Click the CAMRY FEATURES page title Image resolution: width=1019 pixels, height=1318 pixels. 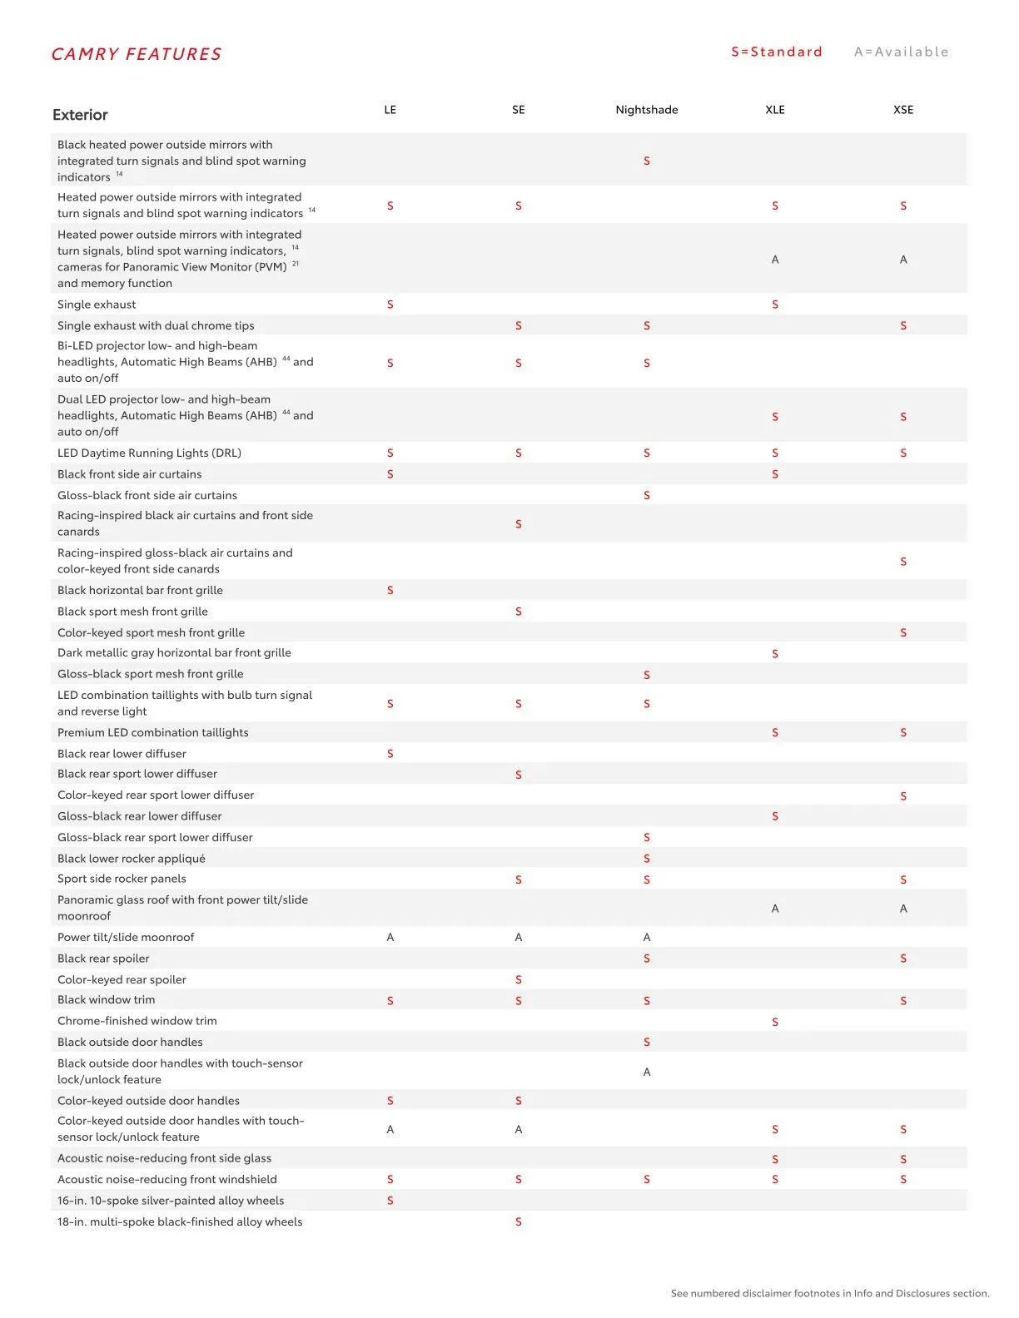[137, 54]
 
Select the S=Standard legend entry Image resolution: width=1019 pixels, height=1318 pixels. [776, 52]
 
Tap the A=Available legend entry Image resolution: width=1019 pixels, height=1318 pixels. [901, 52]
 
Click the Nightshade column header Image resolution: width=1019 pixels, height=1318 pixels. [646, 110]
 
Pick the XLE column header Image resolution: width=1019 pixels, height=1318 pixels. [774, 110]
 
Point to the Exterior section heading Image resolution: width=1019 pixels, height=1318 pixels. [80, 115]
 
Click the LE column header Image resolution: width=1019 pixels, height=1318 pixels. [390, 110]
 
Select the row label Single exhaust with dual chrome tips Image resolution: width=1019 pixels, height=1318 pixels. [156, 325]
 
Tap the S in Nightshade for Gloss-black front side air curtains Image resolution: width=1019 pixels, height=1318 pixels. [646, 495]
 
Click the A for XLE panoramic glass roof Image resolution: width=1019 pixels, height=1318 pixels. [774, 909]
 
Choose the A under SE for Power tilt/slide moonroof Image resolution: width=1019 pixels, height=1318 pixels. [518, 937]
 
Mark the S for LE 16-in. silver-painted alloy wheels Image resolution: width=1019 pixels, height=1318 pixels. [390, 1201]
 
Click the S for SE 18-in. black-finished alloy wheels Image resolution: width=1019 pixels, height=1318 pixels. [518, 1221]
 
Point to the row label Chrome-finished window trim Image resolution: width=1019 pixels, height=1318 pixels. [137, 1021]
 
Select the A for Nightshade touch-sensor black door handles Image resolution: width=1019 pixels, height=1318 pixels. [646, 1072]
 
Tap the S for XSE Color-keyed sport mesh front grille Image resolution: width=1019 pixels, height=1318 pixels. [902, 632]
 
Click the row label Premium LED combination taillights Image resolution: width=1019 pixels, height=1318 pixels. [152, 732]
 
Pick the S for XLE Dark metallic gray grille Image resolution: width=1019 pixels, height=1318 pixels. [774, 654]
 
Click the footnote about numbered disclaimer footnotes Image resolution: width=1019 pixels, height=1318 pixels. [829, 1293]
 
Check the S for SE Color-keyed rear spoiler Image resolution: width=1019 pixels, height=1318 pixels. [518, 979]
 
